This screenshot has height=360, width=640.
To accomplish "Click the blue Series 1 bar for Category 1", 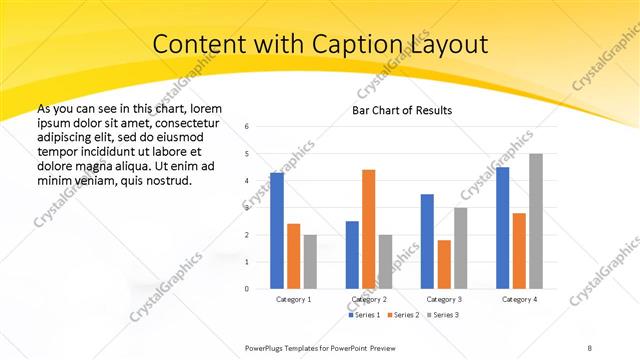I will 277,230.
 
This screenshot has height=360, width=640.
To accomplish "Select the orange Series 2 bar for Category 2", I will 368,229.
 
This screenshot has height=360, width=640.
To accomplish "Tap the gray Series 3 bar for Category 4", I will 536,221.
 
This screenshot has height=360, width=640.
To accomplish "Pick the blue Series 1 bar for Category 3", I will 427,241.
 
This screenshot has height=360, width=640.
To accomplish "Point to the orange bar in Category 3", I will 444,264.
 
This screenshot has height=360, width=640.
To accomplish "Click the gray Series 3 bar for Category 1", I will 310,261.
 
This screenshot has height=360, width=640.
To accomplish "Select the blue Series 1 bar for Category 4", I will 502,228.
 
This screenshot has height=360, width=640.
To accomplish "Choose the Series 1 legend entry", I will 363,315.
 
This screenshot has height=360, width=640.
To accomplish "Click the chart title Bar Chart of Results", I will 402,110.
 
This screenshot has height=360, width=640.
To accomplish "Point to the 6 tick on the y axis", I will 247,127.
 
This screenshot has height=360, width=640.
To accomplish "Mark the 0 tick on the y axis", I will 247,289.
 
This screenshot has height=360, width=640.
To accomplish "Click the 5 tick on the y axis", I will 247,154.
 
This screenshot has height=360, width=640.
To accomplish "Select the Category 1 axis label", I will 293,299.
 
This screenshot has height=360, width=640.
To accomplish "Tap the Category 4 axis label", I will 519,299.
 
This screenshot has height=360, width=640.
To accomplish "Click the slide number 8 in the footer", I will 589,347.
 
